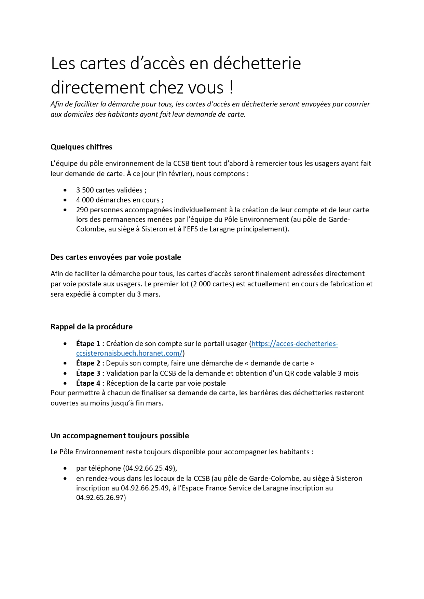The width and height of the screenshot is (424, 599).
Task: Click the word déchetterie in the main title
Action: [x=257, y=63]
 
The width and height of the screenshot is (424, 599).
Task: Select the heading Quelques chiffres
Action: [x=81, y=147]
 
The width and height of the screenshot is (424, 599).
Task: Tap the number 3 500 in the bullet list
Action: [x=85, y=190]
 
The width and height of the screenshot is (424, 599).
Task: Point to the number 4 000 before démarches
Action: [x=85, y=200]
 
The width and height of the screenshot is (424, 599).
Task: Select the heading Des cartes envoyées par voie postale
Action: [x=116, y=257]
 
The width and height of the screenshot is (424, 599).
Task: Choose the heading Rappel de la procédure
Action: [x=92, y=327]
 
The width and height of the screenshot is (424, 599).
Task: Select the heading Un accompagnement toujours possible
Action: [x=120, y=436]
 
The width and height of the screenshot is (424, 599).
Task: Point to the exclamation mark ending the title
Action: [x=232, y=87]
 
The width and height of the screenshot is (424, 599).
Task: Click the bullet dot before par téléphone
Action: [x=65, y=468]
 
